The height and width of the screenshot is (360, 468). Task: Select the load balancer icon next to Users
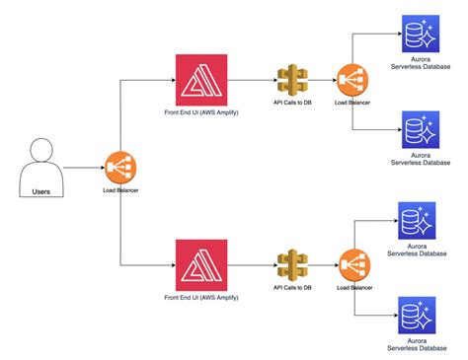coord(119,165)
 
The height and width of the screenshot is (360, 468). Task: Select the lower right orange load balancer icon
coord(352,265)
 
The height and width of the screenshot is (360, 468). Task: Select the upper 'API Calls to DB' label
coord(292,103)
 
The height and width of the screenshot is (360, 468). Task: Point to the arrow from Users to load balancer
coord(83,165)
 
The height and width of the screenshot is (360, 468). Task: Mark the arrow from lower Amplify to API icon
coord(251,265)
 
